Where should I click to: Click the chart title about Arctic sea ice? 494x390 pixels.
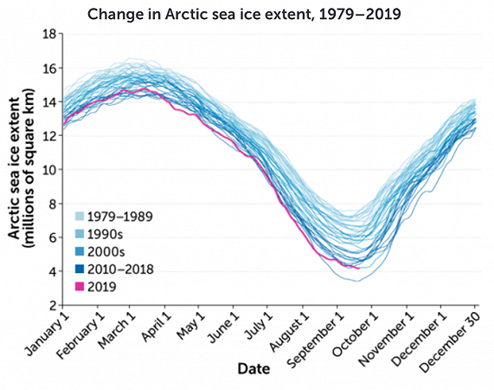click(244, 14)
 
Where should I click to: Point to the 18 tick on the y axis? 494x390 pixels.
click(49, 34)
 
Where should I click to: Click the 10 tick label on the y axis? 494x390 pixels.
click(49, 170)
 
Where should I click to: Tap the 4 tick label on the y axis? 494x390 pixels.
click(53, 271)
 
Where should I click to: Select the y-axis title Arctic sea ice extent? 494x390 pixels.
click(20, 168)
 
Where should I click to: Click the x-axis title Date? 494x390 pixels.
click(253, 368)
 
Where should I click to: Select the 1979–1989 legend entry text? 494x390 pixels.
click(120, 217)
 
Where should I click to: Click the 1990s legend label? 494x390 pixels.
click(106, 235)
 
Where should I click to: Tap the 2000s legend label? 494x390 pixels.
click(106, 252)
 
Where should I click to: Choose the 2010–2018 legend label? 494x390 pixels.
click(120, 270)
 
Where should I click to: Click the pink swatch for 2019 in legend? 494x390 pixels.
click(80, 287)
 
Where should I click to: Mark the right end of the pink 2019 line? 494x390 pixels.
click(359, 269)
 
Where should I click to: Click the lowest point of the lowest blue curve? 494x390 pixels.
click(357, 281)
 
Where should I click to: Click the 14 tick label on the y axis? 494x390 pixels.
click(49, 102)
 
